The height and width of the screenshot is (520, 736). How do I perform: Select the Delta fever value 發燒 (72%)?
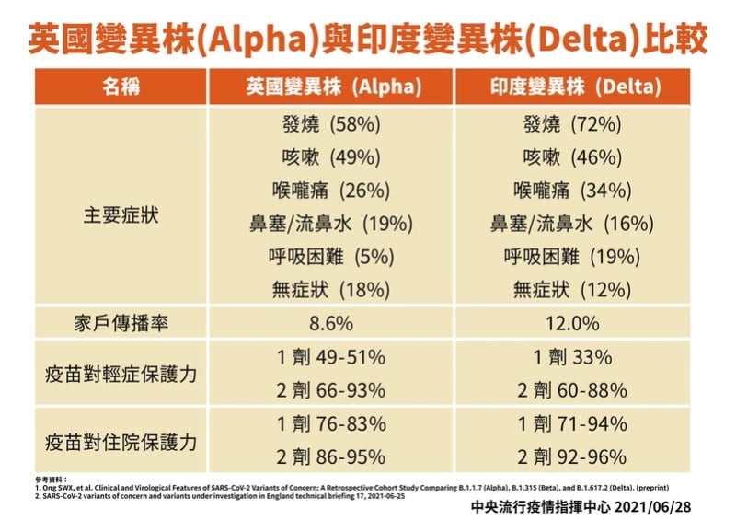click(572, 124)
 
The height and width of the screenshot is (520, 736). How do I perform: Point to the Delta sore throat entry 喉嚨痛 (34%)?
click(572, 191)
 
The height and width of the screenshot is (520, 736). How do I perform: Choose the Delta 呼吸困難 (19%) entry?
click(572, 257)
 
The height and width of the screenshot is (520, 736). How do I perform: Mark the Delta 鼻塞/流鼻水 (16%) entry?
click(572, 224)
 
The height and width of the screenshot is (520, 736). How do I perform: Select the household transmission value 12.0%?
click(572, 324)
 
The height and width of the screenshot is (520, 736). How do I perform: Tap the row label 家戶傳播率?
click(122, 324)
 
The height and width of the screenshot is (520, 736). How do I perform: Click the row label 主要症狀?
click(122, 207)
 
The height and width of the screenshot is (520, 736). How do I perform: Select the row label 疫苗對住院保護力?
click(122, 440)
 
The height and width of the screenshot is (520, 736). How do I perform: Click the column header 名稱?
click(122, 87)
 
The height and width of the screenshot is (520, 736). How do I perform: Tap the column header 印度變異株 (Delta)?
click(572, 87)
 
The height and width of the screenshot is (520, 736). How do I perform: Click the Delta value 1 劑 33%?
click(572, 357)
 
